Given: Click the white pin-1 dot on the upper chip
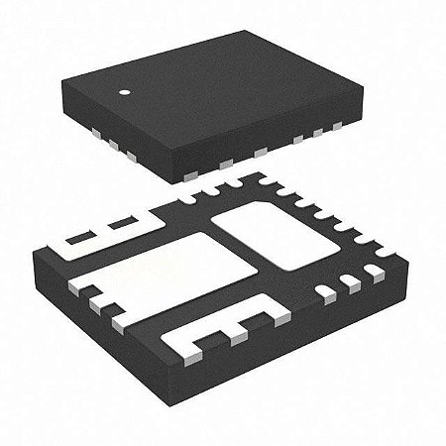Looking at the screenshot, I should pyautogui.click(x=126, y=96).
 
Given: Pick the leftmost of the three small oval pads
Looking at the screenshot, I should pyautogui.click(x=325, y=291).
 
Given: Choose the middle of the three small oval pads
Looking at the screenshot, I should pyautogui.click(x=348, y=282).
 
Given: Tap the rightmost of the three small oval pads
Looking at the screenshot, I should pyautogui.click(x=368, y=275).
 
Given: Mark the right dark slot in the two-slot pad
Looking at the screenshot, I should pyautogui.click(x=123, y=222).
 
